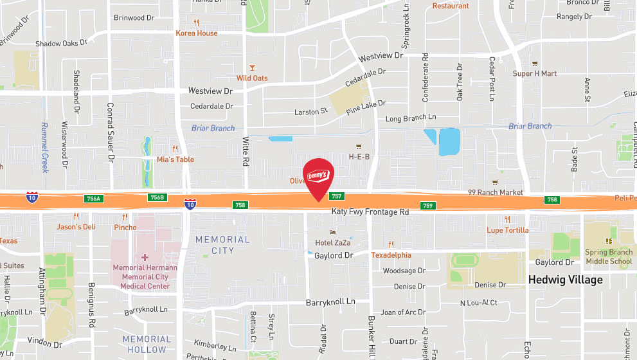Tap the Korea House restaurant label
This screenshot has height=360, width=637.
pos(197,33)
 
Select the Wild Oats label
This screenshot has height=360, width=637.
pos(252,78)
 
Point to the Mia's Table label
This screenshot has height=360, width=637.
pos(175,159)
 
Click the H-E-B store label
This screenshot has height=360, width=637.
pos(359,156)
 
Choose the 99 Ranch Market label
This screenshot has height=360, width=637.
pos(495,192)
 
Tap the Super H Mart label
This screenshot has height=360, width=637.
pos(535,73)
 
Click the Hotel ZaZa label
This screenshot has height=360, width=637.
pos(332,242)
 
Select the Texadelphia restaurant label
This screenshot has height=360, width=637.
pos(391,255)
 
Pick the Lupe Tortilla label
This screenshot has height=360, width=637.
pos(507,230)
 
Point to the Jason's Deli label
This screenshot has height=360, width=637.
pos(76,226)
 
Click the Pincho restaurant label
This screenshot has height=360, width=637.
pos(125,227)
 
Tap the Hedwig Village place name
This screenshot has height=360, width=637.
pos(565,280)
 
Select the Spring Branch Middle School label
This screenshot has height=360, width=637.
pos(608,257)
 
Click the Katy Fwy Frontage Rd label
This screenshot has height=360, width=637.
pos(370,212)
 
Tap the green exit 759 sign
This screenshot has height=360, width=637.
pos(428,206)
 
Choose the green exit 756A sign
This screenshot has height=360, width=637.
pos(93,199)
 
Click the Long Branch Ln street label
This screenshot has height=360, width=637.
pos(410,118)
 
